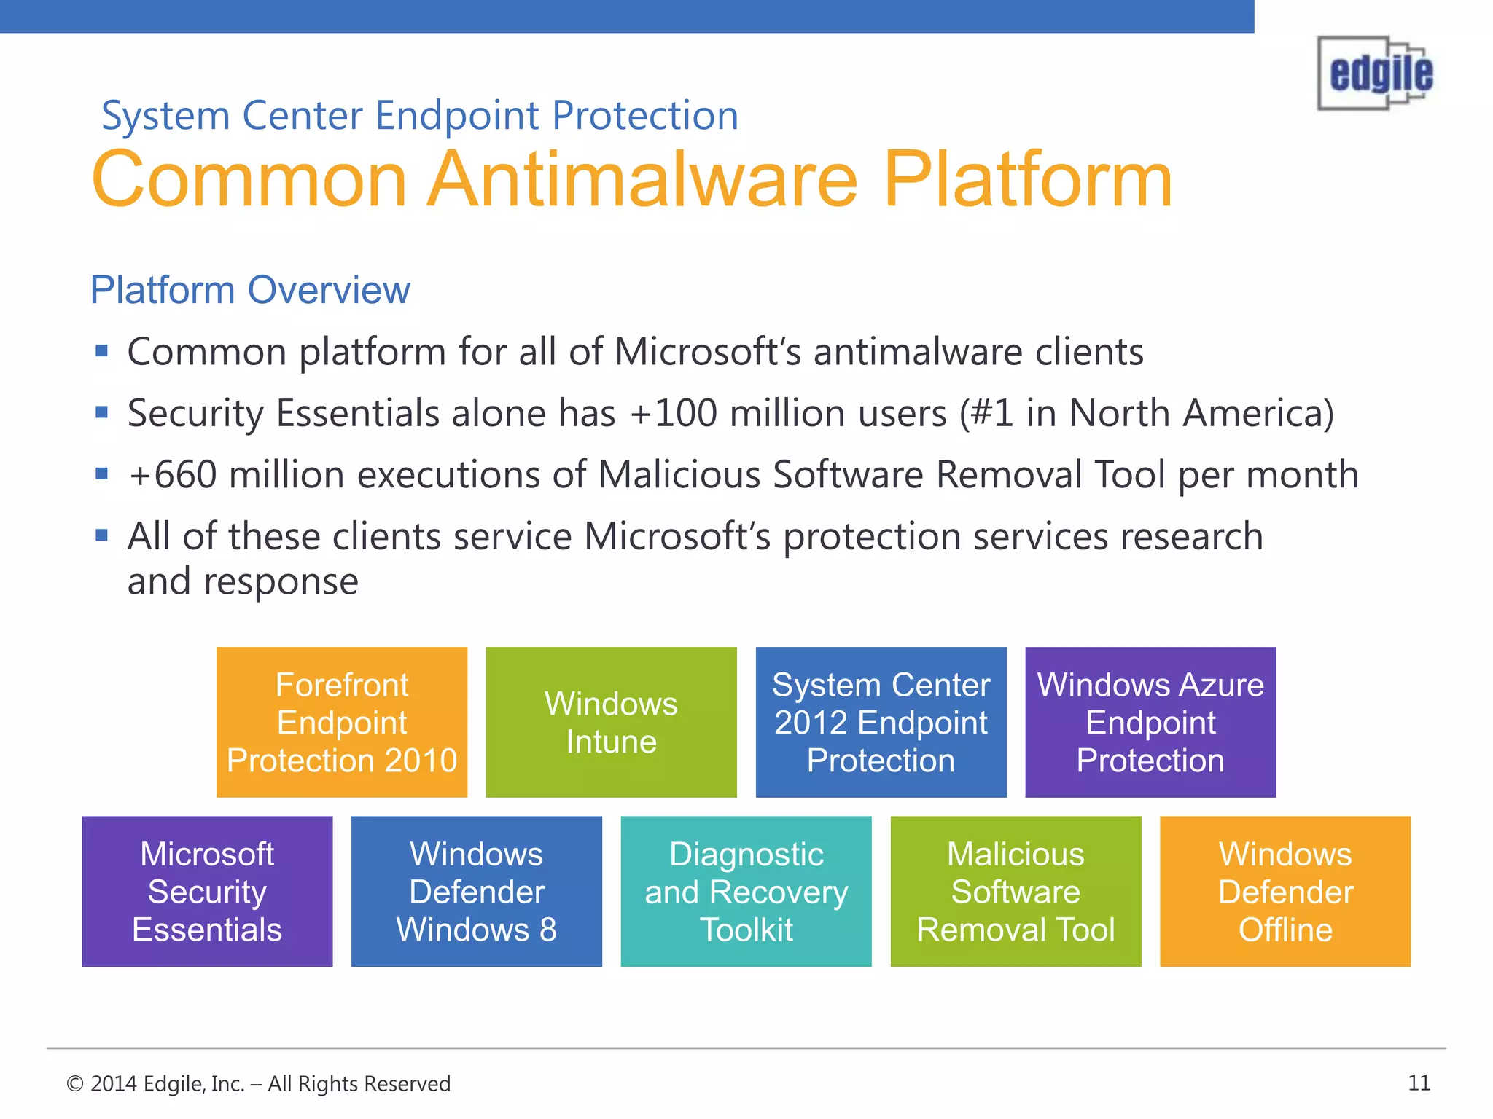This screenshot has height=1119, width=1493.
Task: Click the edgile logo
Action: (1376, 74)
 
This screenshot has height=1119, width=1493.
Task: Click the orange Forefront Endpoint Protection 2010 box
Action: (342, 722)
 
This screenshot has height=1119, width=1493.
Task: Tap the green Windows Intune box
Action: (611, 722)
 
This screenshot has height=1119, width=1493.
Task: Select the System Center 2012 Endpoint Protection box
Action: (881, 722)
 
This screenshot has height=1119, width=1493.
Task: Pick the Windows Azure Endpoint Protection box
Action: (1150, 722)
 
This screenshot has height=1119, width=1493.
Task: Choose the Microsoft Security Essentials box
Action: (207, 891)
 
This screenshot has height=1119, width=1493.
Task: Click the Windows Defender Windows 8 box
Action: (477, 891)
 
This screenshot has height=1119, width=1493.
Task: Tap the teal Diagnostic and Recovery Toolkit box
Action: (746, 891)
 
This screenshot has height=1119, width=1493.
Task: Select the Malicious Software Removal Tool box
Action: (1016, 891)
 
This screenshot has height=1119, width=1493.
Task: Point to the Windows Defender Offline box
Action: (1285, 891)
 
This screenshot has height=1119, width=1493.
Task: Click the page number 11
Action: (1419, 1083)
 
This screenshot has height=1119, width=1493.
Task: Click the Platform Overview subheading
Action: (250, 290)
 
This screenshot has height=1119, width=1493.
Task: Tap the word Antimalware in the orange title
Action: (642, 180)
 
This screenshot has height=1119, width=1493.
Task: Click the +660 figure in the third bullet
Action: (173, 475)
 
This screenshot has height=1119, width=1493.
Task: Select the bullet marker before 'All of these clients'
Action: (102, 536)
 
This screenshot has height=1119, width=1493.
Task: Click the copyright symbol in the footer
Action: (75, 1084)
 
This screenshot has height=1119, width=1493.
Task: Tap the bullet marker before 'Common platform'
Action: (102, 352)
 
